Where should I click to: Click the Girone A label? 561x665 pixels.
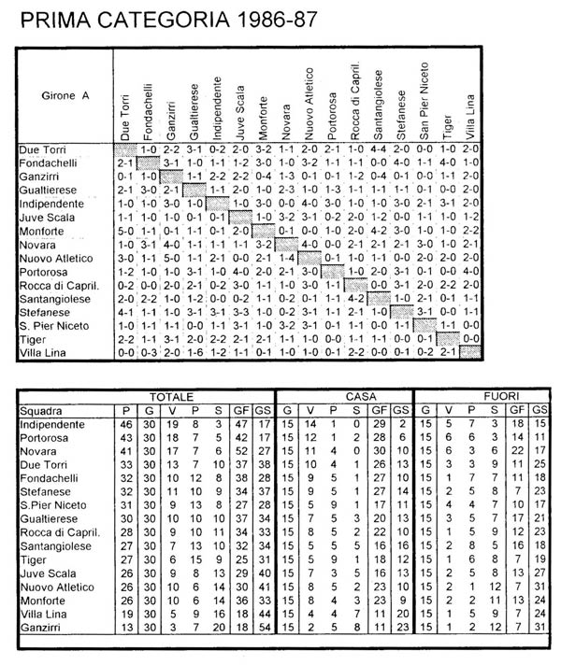(60, 95)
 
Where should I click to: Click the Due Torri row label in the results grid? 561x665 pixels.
(42, 149)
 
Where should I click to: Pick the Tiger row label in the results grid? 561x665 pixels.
(33, 338)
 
